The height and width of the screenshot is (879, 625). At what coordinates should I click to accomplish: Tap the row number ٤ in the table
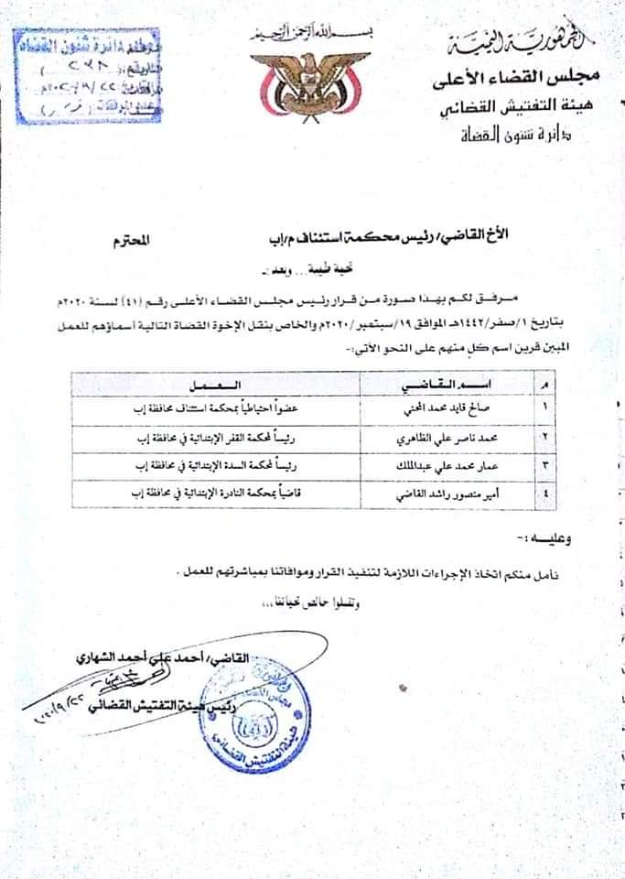click(546, 496)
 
